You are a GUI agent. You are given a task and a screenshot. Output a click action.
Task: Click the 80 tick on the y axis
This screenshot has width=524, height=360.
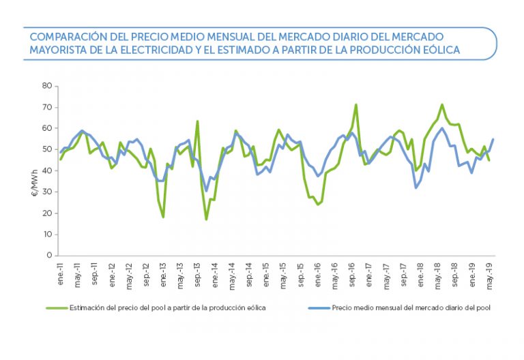click(47, 86)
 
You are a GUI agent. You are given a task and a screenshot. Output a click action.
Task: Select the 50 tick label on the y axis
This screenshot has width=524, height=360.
click(47, 149)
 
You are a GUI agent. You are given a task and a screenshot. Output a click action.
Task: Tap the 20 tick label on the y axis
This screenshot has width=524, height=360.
click(47, 213)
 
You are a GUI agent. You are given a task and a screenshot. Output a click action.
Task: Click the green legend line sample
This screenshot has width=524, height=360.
click(58, 307)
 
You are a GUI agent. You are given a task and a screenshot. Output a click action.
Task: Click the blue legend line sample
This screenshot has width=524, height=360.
click(318, 307)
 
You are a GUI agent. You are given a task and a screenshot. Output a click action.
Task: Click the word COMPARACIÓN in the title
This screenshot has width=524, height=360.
click(63, 36)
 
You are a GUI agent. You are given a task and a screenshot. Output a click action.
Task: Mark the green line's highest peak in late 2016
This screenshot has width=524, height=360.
click(355, 104)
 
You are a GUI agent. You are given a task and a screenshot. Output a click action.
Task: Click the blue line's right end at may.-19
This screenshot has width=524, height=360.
click(493, 139)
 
